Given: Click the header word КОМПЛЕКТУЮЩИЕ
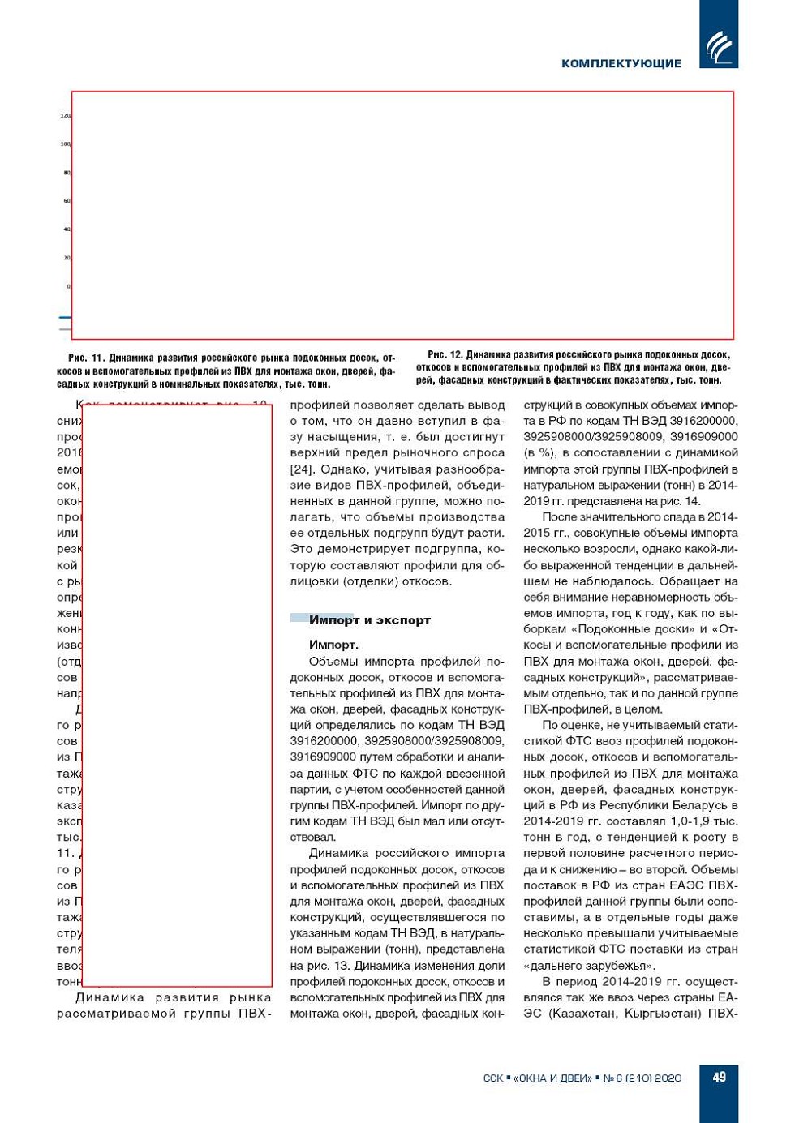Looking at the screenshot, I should (621, 63).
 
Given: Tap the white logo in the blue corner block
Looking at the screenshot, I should (718, 46).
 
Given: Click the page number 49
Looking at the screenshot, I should (719, 1077).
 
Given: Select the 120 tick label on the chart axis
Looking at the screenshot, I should (66, 116).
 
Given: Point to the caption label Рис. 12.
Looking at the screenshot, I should (445, 354).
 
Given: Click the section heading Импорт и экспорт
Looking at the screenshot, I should (369, 620).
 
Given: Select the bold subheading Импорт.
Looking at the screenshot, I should (333, 645).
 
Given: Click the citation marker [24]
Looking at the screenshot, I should (302, 469).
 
